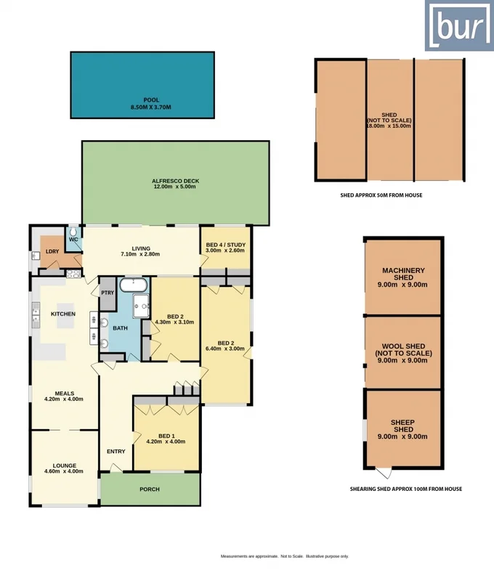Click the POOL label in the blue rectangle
point(150,101)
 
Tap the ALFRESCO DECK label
point(175,181)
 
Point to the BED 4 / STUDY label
point(224,245)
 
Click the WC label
point(73,239)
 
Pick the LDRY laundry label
point(52,251)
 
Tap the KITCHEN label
point(62,314)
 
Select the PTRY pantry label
point(108,293)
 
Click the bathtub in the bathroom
point(132,284)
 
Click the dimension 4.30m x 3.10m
point(174,322)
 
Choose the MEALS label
point(64,392)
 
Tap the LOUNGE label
point(64,466)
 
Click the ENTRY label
point(116,451)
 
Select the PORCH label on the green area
point(149,489)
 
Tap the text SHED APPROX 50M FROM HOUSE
point(381,195)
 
